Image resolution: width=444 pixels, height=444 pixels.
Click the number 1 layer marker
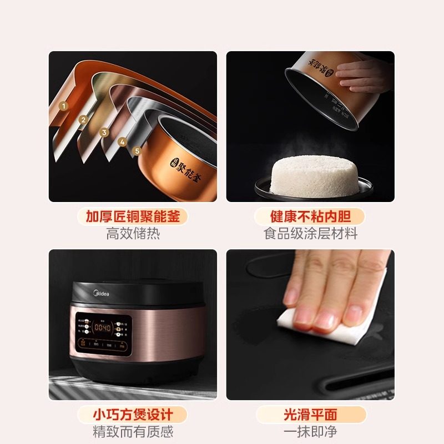coord(64,105)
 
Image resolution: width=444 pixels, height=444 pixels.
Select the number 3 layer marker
coord(104,132)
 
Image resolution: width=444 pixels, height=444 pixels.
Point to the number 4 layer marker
coord(122,142)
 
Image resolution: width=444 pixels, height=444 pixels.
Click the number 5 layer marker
coord(137,150)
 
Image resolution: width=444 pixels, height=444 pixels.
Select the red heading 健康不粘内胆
coord(310,216)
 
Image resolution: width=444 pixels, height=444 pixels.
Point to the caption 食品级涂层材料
coord(310,234)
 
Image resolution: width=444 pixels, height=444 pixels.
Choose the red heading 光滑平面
coord(310,414)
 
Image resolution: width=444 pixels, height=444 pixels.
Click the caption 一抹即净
coord(310,432)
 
